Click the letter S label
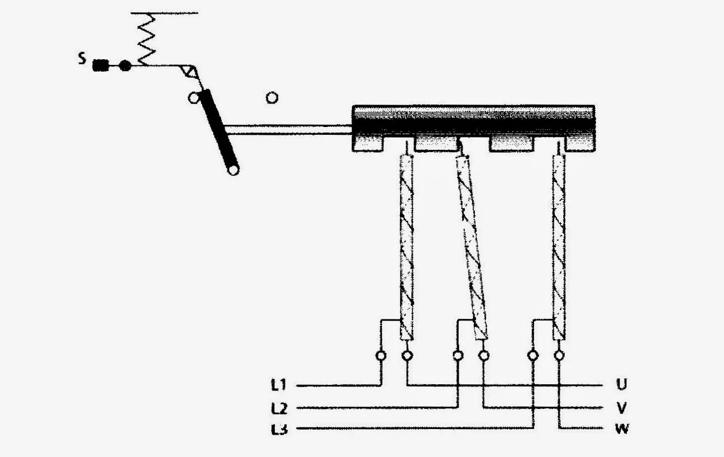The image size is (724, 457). pos(83,59)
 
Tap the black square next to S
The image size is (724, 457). pos(101,65)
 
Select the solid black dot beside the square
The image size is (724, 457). pos(125,65)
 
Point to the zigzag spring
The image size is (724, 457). pos(146,39)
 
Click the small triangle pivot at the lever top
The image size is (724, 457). pos(188,71)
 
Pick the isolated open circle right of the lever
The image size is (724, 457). pos(272,98)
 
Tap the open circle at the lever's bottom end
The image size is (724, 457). pos(234,169)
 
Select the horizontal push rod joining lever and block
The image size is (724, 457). pos(288,129)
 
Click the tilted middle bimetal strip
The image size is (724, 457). pos(472,248)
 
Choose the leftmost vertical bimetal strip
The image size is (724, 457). pos(407,248)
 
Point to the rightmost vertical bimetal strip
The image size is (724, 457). pos(559,248)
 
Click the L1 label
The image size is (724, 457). pos(278,385)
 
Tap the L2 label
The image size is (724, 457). pos(279,408)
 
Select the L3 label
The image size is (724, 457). pos(279,430)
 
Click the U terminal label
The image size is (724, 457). pos(622,384)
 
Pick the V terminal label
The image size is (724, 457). pos(622,408)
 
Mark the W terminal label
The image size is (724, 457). pos(622,429)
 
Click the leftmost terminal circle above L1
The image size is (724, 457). pos(381,356)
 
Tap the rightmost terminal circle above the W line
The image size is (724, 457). pos(559,355)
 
